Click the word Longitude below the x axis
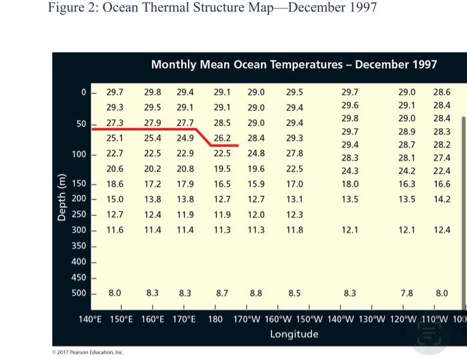(x=294, y=333)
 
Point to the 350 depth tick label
(x=79, y=246)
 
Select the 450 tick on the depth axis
(x=79, y=277)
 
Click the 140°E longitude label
(x=90, y=318)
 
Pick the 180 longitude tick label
(x=215, y=318)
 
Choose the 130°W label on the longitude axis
(x=371, y=318)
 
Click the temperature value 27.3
(x=115, y=123)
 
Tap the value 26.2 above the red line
(x=222, y=138)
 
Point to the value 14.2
(x=442, y=199)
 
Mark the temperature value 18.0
(x=350, y=183)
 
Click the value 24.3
(x=350, y=170)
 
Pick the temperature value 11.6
(x=115, y=229)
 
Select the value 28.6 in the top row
(x=442, y=92)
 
